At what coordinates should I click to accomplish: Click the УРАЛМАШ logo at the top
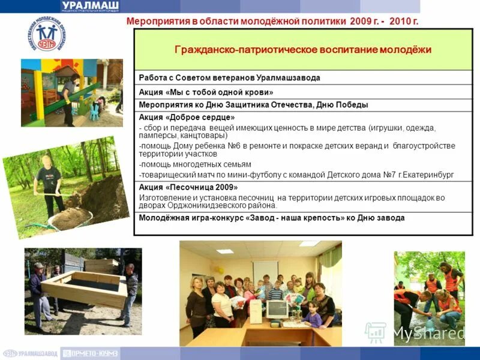point(90,6)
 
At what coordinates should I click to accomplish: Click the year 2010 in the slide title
point(399,22)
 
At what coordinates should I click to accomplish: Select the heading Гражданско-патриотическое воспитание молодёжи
point(303,50)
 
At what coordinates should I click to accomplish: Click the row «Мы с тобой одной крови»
point(206,92)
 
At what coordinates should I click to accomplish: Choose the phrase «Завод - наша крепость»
point(293,218)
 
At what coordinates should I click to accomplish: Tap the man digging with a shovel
point(48,183)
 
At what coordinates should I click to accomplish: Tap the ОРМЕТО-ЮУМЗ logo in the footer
point(90,354)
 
